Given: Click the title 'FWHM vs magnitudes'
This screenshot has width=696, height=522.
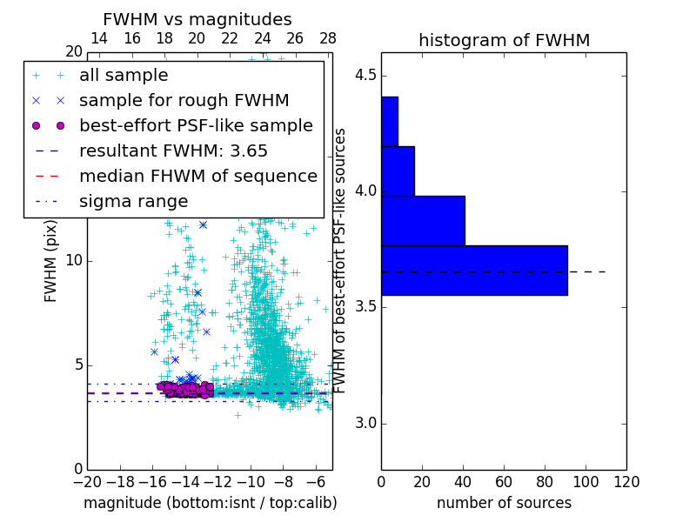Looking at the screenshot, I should click(x=197, y=20).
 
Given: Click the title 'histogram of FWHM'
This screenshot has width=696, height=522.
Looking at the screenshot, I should click(x=504, y=40).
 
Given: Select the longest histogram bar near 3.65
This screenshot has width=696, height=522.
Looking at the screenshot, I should click(x=474, y=271).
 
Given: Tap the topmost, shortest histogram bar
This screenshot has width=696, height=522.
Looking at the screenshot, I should click(x=390, y=121).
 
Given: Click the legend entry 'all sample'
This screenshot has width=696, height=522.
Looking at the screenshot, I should click(x=124, y=76).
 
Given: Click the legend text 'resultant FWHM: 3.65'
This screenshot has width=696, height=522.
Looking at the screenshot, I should click(x=173, y=151).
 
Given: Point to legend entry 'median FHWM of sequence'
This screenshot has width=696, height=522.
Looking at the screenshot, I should click(x=197, y=176).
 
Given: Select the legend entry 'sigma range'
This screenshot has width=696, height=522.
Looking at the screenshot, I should click(x=133, y=201).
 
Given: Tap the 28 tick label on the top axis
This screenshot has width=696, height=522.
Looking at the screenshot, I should click(x=328, y=38).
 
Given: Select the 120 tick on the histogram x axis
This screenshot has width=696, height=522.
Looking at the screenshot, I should click(x=626, y=481).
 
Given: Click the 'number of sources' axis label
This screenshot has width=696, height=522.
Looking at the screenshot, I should click(x=504, y=503).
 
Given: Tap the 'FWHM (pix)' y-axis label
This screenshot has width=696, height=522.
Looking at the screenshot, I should click(x=51, y=262).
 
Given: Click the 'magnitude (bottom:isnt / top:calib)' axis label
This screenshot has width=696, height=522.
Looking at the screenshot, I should click(x=210, y=503).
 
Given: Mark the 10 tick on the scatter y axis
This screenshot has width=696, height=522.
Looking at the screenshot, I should click(x=73, y=261).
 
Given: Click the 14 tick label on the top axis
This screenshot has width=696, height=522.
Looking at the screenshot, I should click(x=99, y=38).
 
